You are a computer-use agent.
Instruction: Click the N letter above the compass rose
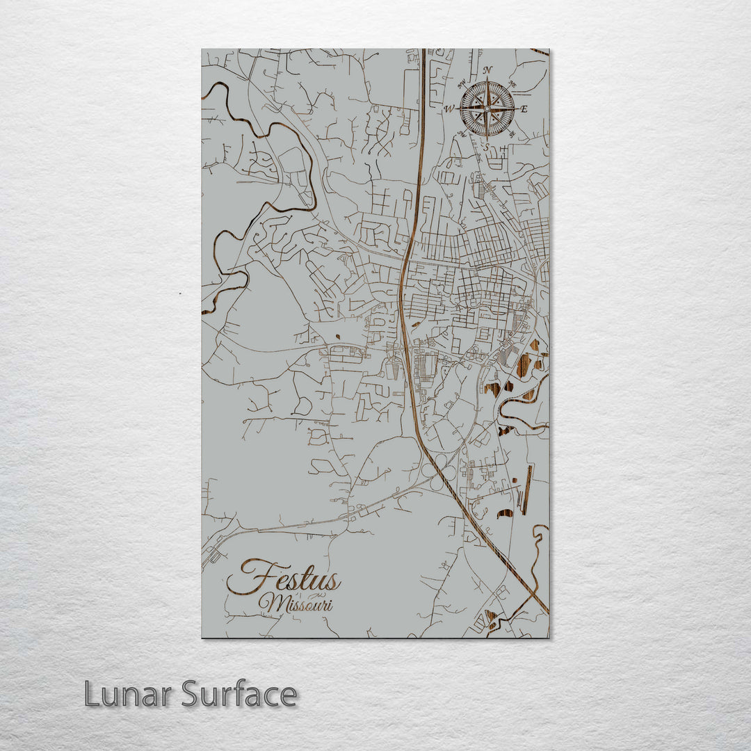(x=487, y=70)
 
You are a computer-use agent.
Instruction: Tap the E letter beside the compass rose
(x=524, y=109)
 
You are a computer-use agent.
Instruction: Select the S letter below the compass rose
(x=487, y=147)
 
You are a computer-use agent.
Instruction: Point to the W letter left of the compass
(x=450, y=109)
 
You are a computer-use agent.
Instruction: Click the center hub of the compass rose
(x=487, y=108)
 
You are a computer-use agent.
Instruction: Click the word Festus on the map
(x=284, y=579)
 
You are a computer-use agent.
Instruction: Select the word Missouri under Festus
(x=296, y=603)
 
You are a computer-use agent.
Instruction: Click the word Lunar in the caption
(x=129, y=693)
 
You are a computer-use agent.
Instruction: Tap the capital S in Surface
(x=191, y=693)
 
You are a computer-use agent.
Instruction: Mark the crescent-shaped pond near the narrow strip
(x=504, y=513)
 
